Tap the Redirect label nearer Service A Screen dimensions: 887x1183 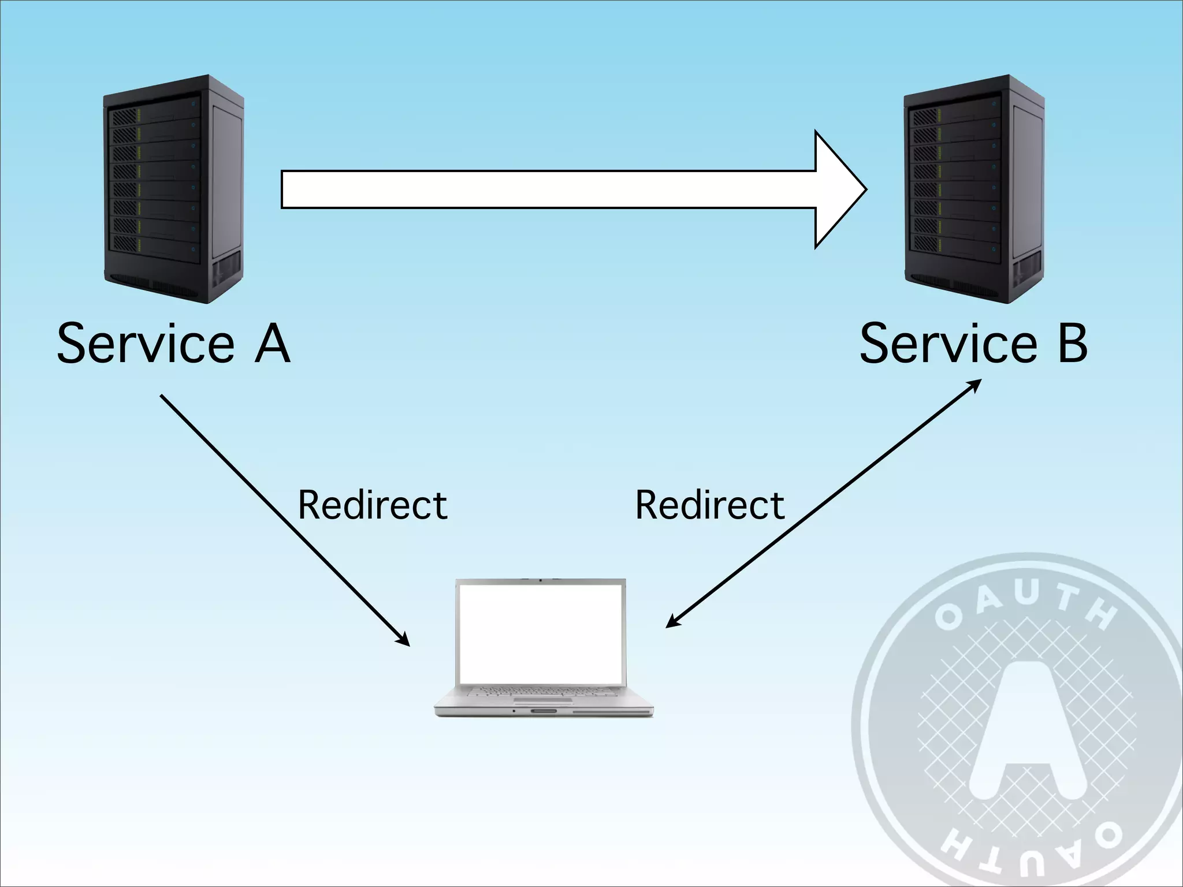point(373,505)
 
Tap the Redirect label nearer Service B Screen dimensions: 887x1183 point(710,505)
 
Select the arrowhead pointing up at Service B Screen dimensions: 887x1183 point(974,385)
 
